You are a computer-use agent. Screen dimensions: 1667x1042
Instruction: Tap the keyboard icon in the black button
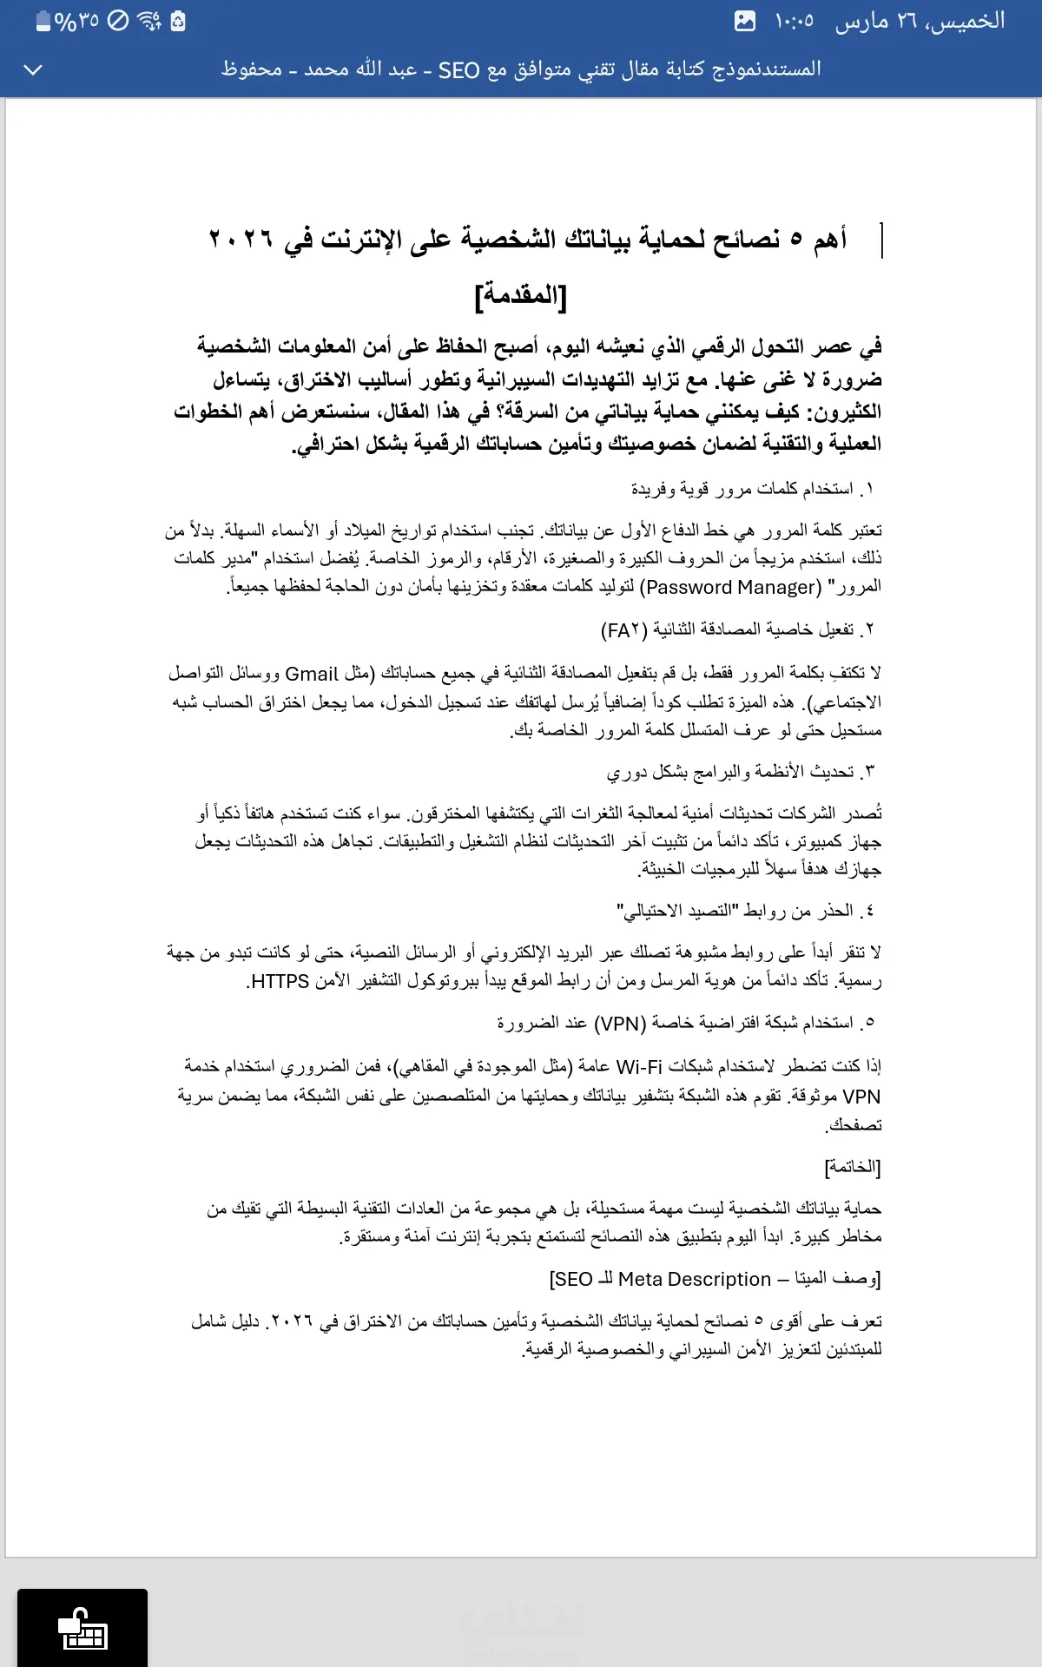(82, 1630)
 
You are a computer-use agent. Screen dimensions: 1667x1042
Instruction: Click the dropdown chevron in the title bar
(33, 69)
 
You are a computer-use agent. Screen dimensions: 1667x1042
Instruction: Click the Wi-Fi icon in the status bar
(149, 21)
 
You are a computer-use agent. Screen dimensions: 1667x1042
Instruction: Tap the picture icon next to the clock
(745, 21)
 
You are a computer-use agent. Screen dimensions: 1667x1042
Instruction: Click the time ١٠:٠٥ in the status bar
(795, 21)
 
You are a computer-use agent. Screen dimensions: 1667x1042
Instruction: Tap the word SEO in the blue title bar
(458, 69)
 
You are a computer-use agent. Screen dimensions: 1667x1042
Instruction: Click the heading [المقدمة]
(521, 296)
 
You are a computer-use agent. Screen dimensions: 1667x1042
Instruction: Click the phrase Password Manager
(730, 588)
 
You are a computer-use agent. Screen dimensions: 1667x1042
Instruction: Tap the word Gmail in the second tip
(311, 674)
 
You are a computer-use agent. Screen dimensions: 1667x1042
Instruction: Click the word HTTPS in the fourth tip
(279, 982)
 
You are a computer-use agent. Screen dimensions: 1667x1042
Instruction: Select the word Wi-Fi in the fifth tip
(639, 1066)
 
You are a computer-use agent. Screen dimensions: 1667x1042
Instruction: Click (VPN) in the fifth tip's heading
(620, 1024)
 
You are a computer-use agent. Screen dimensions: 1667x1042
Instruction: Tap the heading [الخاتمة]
(853, 1167)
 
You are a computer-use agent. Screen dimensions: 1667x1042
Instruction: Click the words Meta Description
(694, 1279)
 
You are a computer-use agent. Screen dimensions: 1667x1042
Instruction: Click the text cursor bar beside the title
(881, 240)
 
